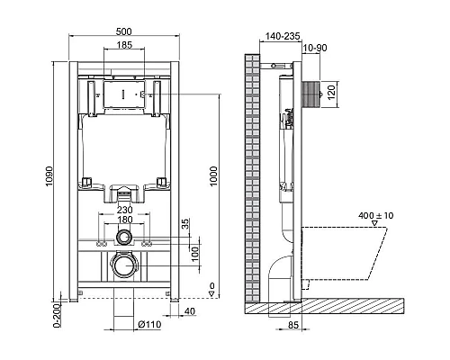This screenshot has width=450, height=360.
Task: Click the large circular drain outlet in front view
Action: pyautogui.click(x=123, y=266)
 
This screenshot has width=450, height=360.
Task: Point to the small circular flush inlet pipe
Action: pyautogui.click(x=123, y=238)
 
